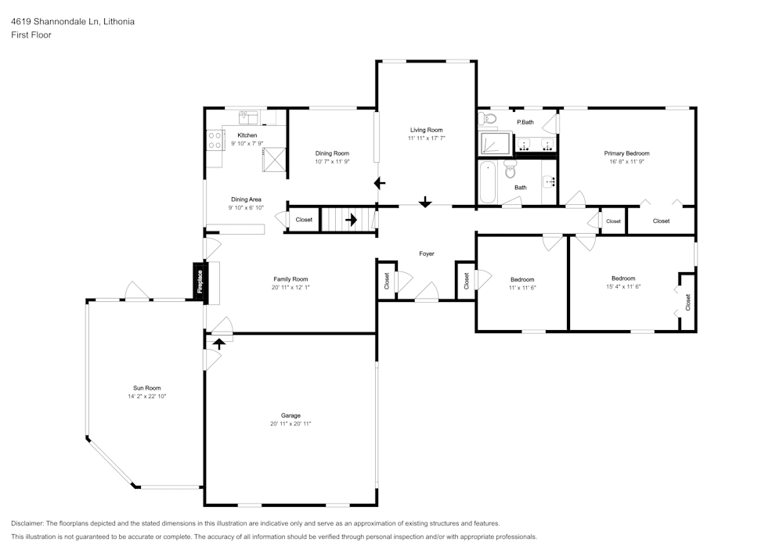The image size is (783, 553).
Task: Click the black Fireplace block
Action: pyautogui.click(x=200, y=282)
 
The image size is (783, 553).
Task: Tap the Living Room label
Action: pyautogui.click(x=427, y=130)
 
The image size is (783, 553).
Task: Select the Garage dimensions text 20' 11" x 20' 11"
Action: pyautogui.click(x=290, y=424)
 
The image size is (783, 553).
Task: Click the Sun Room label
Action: pyautogui.click(x=147, y=388)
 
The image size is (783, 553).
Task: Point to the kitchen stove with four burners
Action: pyautogui.click(x=215, y=140)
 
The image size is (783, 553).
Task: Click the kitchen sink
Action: pyautogui.click(x=248, y=117)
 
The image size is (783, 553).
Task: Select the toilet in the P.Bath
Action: pyautogui.click(x=486, y=119)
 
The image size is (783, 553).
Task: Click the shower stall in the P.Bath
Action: pyautogui.click(x=495, y=143)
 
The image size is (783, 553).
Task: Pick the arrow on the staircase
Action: pyautogui.click(x=351, y=220)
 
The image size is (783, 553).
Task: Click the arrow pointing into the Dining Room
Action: pyautogui.click(x=380, y=184)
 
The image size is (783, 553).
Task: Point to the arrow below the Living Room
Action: pyautogui.click(x=425, y=202)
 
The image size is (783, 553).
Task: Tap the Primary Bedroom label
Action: pyautogui.click(x=626, y=153)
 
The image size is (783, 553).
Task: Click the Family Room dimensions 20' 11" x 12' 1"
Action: pyautogui.click(x=290, y=287)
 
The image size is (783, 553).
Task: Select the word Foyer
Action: pyautogui.click(x=427, y=253)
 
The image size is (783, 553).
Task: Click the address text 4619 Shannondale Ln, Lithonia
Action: pyautogui.click(x=73, y=21)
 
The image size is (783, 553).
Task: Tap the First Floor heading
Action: pyautogui.click(x=31, y=35)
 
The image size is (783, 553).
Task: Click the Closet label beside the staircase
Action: pyautogui.click(x=304, y=220)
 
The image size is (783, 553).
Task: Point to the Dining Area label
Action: pyautogui.click(x=246, y=199)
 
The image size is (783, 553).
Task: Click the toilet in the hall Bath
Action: pyautogui.click(x=510, y=169)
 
